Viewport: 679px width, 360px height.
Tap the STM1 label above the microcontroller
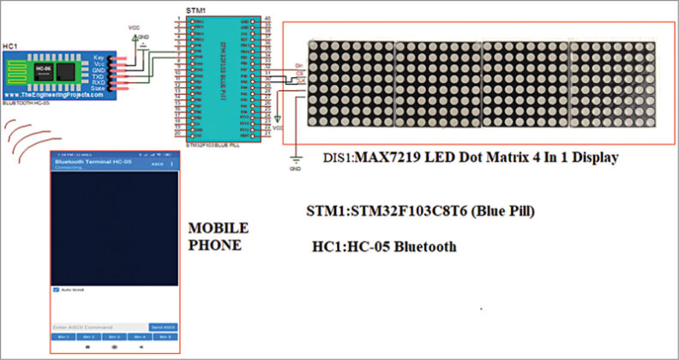pyautogui.click(x=195, y=10)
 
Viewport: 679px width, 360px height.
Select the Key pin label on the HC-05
pyautogui.click(x=98, y=56)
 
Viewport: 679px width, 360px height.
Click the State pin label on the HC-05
pyautogui.click(x=98, y=87)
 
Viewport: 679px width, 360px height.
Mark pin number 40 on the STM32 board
pyautogui.click(x=267, y=17)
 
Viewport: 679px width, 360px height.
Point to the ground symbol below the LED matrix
pyautogui.click(x=296, y=158)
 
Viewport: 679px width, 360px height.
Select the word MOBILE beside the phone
pyautogui.click(x=218, y=229)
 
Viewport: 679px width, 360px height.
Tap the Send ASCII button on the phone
pyautogui.click(x=162, y=327)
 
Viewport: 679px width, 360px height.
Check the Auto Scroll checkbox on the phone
pyautogui.click(x=57, y=290)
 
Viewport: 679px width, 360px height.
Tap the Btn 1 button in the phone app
pyautogui.click(x=63, y=337)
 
